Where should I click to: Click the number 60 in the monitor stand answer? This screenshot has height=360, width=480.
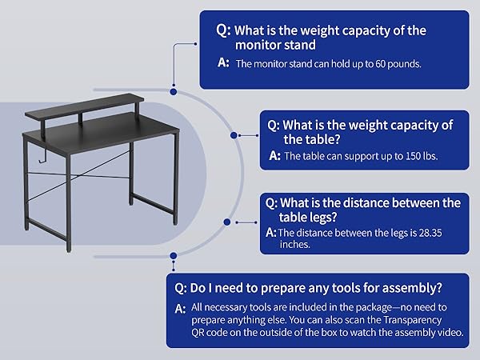coord(369,63)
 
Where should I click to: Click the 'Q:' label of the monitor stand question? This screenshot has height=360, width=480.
coord(222,30)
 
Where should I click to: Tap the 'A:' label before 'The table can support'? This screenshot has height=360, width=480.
coord(274,156)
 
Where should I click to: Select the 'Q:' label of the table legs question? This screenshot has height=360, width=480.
coord(273,202)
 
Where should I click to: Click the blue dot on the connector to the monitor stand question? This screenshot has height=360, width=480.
coord(173,82)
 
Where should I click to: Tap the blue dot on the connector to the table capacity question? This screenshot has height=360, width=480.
coord(234,135)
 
